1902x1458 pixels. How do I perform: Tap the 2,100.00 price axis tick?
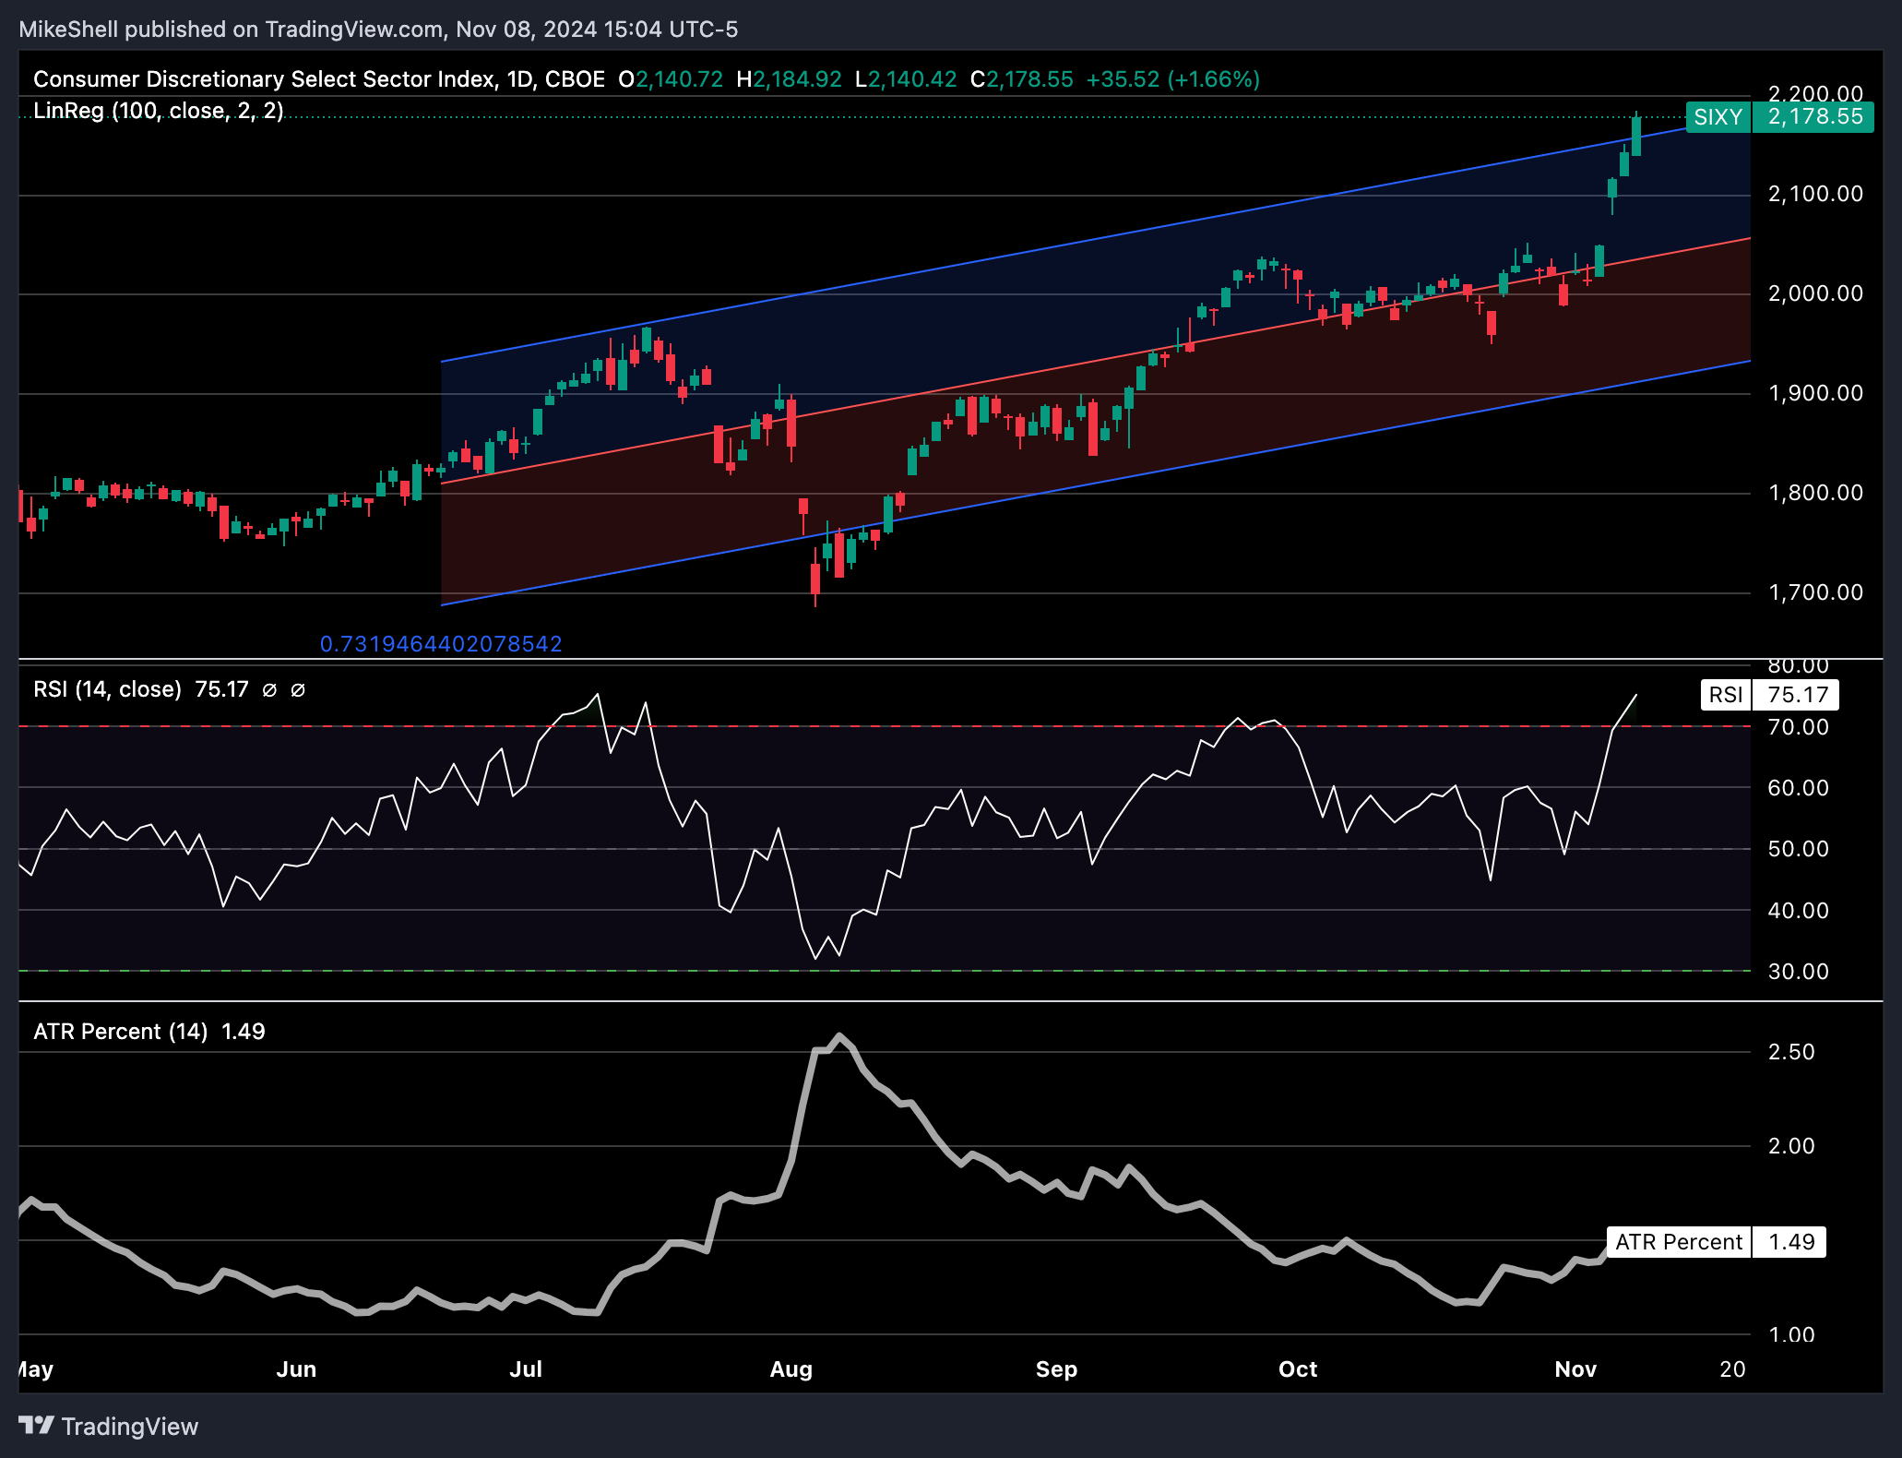[1814, 194]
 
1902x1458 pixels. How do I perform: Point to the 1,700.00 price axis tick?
[1814, 592]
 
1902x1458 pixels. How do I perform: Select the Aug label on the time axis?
[791, 1369]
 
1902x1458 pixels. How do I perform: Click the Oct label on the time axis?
[1297, 1369]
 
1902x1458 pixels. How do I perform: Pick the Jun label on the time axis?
[296, 1369]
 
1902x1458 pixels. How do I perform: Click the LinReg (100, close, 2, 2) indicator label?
[158, 111]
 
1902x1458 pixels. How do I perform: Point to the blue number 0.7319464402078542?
[441, 644]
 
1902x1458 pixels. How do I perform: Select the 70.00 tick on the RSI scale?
[1798, 727]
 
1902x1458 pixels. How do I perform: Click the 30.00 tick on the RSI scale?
[1798, 972]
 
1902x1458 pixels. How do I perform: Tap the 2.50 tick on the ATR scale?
[1790, 1052]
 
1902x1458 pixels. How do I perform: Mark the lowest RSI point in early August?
[815, 958]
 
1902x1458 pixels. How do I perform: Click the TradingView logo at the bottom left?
[109, 1427]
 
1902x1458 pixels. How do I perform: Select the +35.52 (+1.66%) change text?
[1172, 79]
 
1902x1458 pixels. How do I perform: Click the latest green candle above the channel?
[1636, 136]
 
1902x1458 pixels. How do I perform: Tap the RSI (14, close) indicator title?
[107, 689]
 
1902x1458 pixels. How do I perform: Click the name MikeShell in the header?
[68, 30]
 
